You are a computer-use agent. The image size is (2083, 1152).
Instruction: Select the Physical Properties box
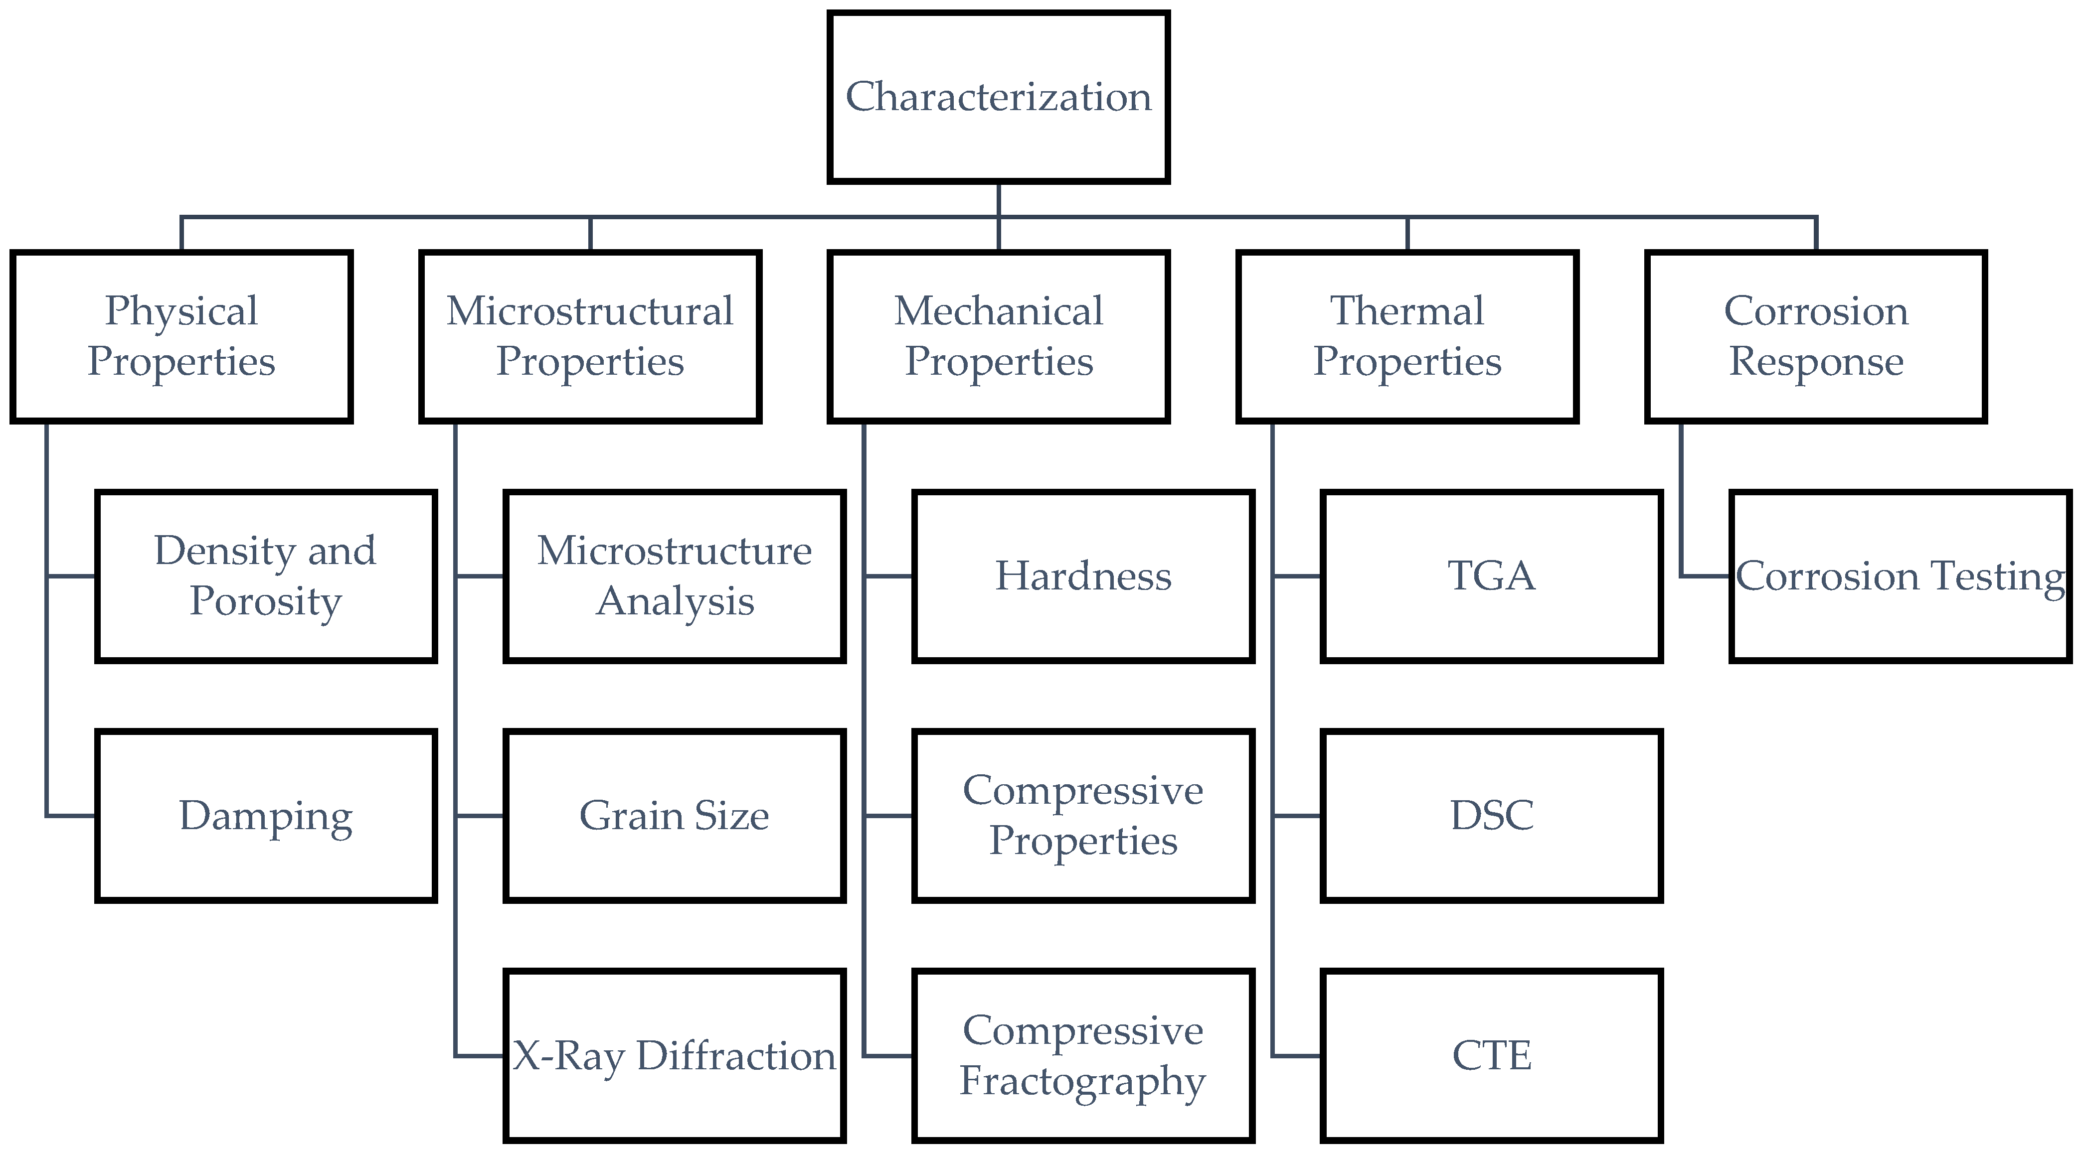click(181, 336)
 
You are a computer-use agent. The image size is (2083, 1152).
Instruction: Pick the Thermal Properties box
click(1407, 336)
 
